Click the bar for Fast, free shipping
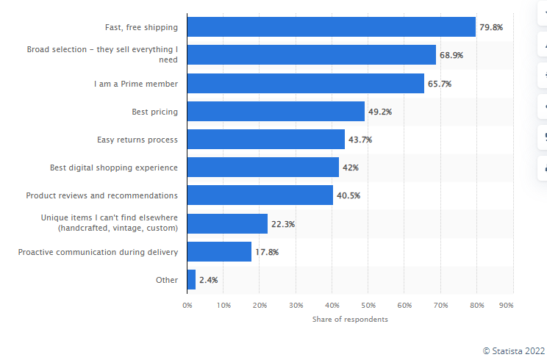pyautogui.click(x=331, y=27)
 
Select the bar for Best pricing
pyautogui.click(x=276, y=112)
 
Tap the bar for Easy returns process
pyautogui.click(x=265, y=140)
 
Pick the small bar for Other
pyautogui.click(x=191, y=280)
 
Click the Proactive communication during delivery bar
pyautogui.click(x=219, y=252)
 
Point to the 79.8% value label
pyautogui.click(x=491, y=27)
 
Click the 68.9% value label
pyautogui.click(x=451, y=55)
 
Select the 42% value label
pyautogui.click(x=351, y=168)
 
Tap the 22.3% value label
pyautogui.click(x=283, y=224)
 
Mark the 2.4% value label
pyautogui.click(x=208, y=280)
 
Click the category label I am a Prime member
pyautogui.click(x=135, y=84)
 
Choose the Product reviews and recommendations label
pyautogui.click(x=101, y=195)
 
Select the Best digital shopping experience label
pyautogui.click(x=113, y=168)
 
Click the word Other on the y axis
pyautogui.click(x=167, y=280)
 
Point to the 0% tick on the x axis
pyautogui.click(x=187, y=305)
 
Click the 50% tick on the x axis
pyautogui.click(x=368, y=305)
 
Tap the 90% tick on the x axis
pyautogui.click(x=506, y=305)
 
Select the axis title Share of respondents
pyautogui.click(x=350, y=320)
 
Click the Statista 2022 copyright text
pyautogui.click(x=514, y=350)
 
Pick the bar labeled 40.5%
pyautogui.click(x=260, y=195)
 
